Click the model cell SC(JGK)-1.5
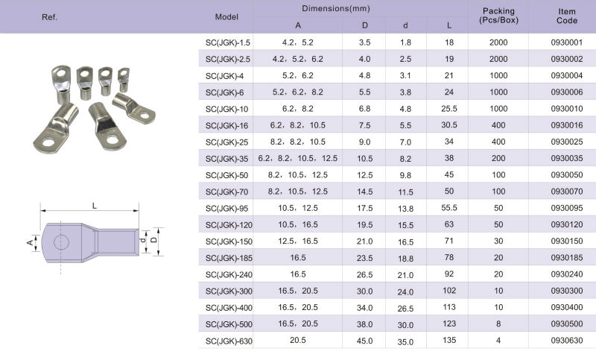coord(228,42)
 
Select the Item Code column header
coord(567,16)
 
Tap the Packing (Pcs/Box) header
coord(498,16)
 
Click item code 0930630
coord(567,340)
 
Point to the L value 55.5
coord(449,208)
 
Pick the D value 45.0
coord(364,341)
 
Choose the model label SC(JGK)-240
coord(229,274)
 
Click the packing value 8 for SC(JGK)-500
coord(498,324)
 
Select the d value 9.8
coord(405,175)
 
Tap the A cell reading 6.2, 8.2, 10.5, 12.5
coord(297,158)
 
